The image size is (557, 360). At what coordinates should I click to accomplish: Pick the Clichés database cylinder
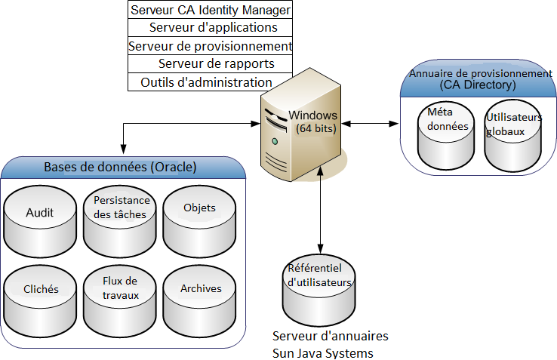pyautogui.click(x=40, y=297)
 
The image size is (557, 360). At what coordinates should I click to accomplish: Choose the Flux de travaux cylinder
pyautogui.click(x=121, y=297)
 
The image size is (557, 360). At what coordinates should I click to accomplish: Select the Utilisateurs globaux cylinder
pyautogui.click(x=513, y=136)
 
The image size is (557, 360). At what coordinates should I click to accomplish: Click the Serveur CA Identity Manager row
pyautogui.click(x=211, y=10)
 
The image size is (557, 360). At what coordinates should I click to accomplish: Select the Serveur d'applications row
pyautogui.click(x=211, y=28)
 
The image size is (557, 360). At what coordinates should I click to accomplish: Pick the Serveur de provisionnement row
pyautogui.click(x=211, y=46)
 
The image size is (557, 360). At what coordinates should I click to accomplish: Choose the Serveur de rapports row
pyautogui.click(x=211, y=64)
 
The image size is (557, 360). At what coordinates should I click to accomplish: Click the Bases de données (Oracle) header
pyautogui.click(x=121, y=167)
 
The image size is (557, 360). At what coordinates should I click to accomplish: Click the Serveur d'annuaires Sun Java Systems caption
pyautogui.click(x=331, y=344)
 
